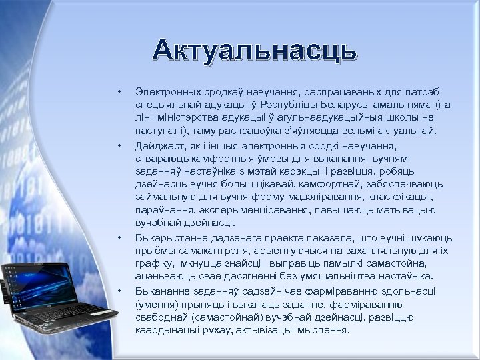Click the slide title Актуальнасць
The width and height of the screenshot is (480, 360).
coord(254,50)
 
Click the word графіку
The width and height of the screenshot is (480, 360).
coord(153,263)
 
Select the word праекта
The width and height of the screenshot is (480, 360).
coord(285,237)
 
